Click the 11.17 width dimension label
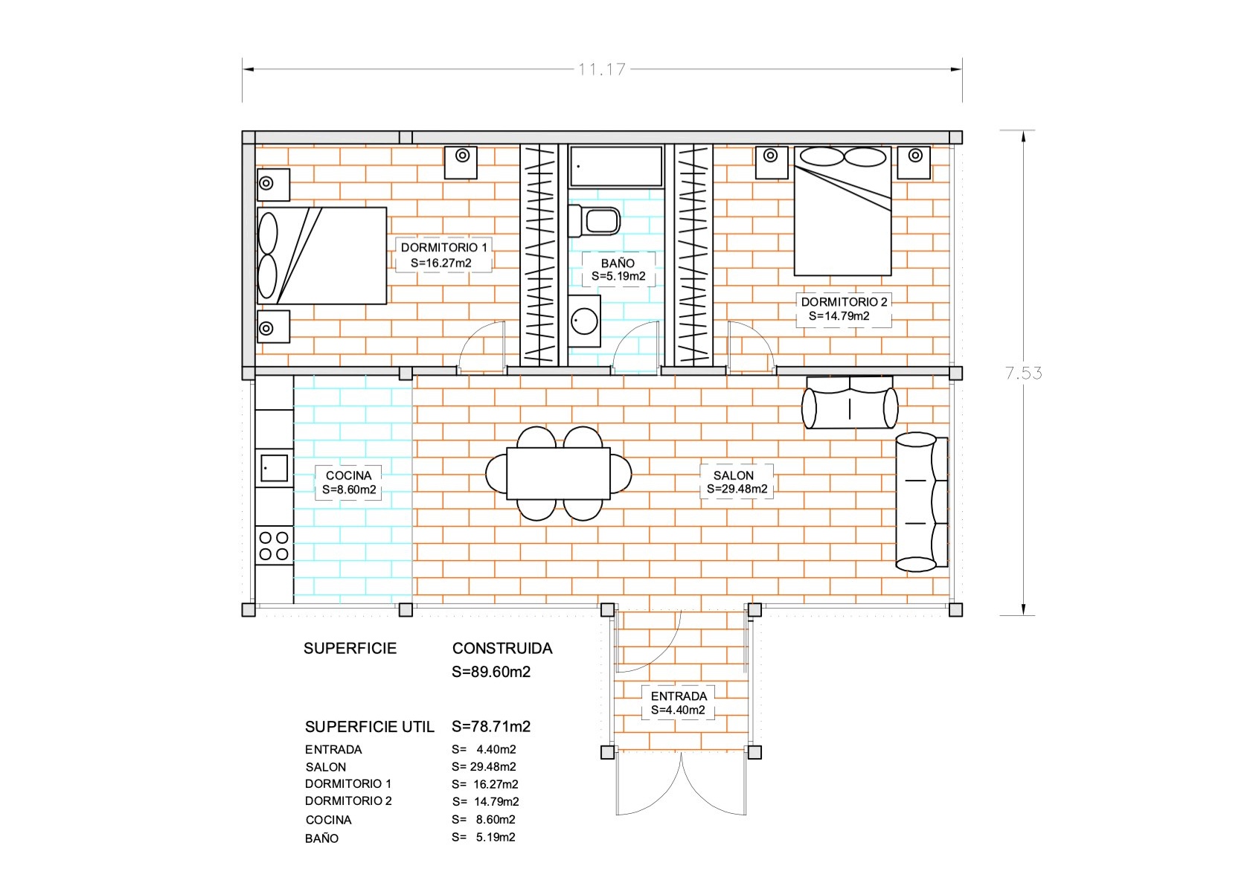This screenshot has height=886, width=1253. pyautogui.click(x=602, y=69)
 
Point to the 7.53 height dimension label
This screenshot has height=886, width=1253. pyautogui.click(x=1024, y=373)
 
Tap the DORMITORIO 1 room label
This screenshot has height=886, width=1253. pyautogui.click(x=443, y=247)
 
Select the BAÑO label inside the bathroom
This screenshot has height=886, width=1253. pyautogui.click(x=618, y=263)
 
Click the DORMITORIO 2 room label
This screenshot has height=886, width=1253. pyautogui.click(x=844, y=302)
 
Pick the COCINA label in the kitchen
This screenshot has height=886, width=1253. pyautogui.click(x=348, y=475)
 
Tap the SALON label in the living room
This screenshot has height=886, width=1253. pyautogui.click(x=734, y=475)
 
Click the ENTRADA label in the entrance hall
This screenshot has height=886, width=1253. pyautogui.click(x=679, y=696)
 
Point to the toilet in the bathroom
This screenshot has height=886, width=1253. pyautogui.click(x=594, y=221)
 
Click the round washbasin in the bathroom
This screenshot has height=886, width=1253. pyautogui.click(x=585, y=321)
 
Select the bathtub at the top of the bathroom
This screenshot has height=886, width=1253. pyautogui.click(x=616, y=167)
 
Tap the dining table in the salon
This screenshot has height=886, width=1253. pyautogui.click(x=558, y=473)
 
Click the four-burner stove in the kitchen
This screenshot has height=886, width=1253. pyautogui.click(x=274, y=546)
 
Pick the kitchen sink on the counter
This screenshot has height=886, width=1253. pyautogui.click(x=274, y=468)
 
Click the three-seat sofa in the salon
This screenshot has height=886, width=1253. pyautogui.click(x=922, y=501)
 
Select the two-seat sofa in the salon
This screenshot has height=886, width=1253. pyautogui.click(x=850, y=402)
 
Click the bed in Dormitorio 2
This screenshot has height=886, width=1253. pyautogui.click(x=842, y=211)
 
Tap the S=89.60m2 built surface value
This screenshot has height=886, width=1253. pyautogui.click(x=491, y=672)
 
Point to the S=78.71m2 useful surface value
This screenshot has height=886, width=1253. pyautogui.click(x=491, y=727)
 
